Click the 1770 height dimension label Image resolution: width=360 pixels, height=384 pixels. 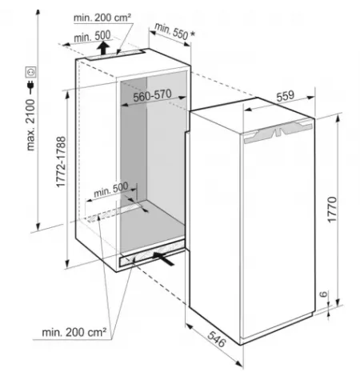click(x=332, y=210)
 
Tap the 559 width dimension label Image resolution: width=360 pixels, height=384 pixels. click(x=286, y=96)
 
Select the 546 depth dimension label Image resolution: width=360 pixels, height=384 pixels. click(x=217, y=339)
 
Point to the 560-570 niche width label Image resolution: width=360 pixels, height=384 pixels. click(x=152, y=95)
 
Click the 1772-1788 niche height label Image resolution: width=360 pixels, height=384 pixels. click(x=61, y=162)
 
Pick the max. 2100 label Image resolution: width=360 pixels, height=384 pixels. click(x=30, y=125)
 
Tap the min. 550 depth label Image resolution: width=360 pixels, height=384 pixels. click(x=171, y=31)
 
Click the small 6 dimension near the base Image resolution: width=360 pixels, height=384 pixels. click(x=323, y=294)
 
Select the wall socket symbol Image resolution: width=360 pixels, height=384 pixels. click(x=30, y=72)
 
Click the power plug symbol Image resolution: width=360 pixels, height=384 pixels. click(x=30, y=87)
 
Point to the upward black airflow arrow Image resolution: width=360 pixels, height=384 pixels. click(x=102, y=48)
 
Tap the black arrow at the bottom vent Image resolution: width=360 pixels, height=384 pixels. click(x=163, y=258)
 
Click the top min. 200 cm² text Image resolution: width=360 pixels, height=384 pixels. click(x=102, y=18)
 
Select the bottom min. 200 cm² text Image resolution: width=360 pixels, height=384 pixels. click(x=74, y=332)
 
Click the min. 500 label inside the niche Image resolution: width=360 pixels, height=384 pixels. click(x=111, y=189)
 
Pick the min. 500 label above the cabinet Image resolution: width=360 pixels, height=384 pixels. click(x=92, y=36)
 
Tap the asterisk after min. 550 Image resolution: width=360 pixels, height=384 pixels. click(x=193, y=34)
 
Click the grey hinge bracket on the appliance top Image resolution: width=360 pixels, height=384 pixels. click(x=278, y=130)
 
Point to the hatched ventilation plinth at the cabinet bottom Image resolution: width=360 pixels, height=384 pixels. click(x=152, y=253)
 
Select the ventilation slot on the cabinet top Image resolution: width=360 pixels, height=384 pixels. click(x=115, y=55)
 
